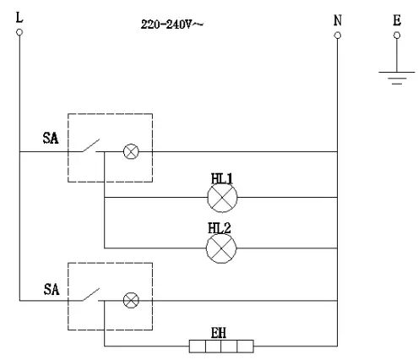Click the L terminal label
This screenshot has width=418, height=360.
click(x=18, y=19)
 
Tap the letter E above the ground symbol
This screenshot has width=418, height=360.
click(x=397, y=19)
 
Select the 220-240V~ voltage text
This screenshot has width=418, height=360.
click(x=173, y=25)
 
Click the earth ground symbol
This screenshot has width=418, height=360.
click(x=393, y=78)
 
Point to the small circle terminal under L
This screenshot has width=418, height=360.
click(x=19, y=34)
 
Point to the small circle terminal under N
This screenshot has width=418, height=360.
click(x=338, y=35)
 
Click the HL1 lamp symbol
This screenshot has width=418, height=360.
click(x=223, y=199)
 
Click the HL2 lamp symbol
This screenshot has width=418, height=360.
click(x=223, y=247)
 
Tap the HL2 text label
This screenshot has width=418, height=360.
click(x=221, y=228)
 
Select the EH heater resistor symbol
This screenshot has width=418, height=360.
click(x=221, y=346)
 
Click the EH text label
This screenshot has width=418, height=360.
click(x=220, y=331)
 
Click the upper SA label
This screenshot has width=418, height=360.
click(x=52, y=137)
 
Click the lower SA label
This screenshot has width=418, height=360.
click(x=52, y=288)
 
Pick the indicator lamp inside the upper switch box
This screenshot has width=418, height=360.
click(x=131, y=152)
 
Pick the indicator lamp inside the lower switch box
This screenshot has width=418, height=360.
click(x=131, y=299)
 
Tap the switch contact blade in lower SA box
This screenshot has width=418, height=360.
click(x=91, y=294)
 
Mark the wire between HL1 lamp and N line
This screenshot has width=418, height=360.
click(x=287, y=199)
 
